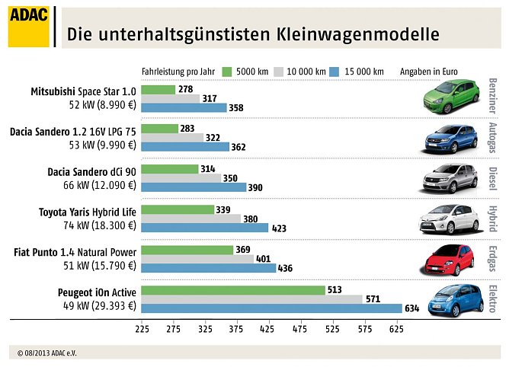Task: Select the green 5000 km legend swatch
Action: click(x=226, y=72)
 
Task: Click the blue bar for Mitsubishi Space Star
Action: click(x=184, y=108)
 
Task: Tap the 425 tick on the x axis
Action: click(x=267, y=330)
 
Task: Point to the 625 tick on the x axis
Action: click(x=395, y=330)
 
